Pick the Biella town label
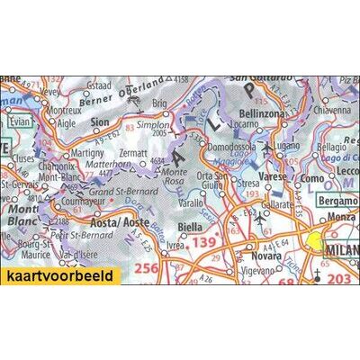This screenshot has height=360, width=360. [x=190, y=227]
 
